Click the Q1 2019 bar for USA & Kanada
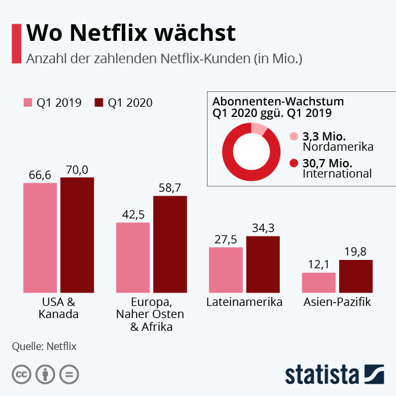tap(40, 237)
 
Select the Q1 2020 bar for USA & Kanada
tap(77, 234)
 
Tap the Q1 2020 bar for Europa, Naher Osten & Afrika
tap(170, 243)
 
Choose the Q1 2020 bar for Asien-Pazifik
tap(356, 275)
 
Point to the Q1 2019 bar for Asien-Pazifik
tap(319, 282)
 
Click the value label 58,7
tap(170, 187)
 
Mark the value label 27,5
tap(226, 239)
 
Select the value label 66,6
tap(40, 174)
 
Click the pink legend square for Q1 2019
tap(27, 103)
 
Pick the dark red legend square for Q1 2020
tap(99, 103)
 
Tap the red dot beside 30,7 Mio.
tap(294, 163)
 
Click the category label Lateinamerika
tap(245, 302)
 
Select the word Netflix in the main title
tap(111, 32)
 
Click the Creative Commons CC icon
tap(22, 374)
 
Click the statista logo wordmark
tap(323, 374)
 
